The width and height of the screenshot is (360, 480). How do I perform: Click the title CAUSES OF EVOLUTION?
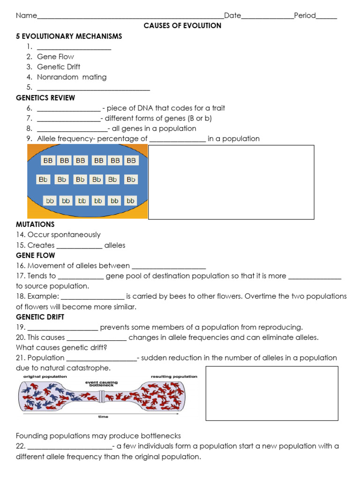coord(182,26)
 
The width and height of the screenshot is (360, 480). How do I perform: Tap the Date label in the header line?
coord(232,15)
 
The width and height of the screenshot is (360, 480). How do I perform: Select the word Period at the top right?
coord(305,15)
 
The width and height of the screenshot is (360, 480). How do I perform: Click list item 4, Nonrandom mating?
coord(72,77)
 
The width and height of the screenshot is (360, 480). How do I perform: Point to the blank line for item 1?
coord(74,47)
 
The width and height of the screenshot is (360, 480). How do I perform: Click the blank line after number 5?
coord(93,88)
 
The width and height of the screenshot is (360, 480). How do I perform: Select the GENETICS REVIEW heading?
coord(45,97)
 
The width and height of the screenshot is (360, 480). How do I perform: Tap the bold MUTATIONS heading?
coord(35,224)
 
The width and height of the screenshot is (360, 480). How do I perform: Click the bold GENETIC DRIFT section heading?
coord(37,317)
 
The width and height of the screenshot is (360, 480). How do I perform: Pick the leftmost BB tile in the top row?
coord(48,160)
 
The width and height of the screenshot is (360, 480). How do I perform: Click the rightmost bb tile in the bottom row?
coord(130,201)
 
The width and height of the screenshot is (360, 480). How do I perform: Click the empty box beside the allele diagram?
coord(231,182)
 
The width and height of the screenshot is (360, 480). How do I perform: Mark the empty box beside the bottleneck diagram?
coord(271,393)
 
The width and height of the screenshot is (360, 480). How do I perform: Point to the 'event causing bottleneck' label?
coord(101,383)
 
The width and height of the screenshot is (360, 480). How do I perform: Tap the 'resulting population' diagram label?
coord(174,376)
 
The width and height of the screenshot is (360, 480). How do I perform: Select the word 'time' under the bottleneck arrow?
coord(103,416)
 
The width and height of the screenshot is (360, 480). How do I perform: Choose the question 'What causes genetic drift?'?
coord(62,347)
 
